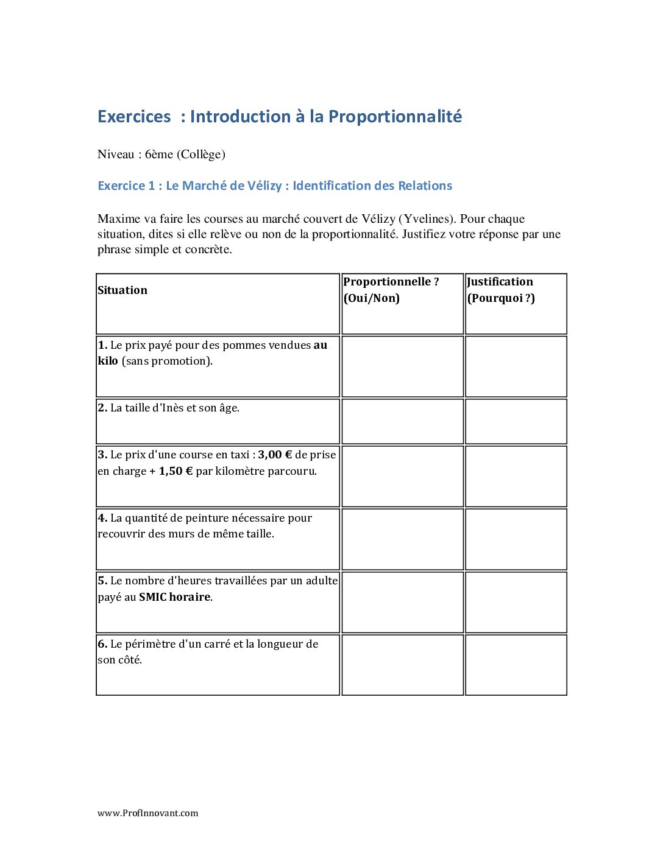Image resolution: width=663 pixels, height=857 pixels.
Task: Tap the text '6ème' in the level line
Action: [x=159, y=154]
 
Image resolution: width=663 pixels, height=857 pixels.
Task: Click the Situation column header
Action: [x=122, y=290]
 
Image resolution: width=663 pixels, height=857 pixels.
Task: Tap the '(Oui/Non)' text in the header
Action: [x=372, y=298]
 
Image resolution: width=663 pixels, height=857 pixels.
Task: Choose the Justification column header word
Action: [x=500, y=282]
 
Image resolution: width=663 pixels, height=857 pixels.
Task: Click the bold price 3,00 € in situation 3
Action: [x=275, y=455]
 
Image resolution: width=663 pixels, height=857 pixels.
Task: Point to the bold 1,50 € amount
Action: [x=175, y=471]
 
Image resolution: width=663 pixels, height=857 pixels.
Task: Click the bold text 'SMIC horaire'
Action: [x=174, y=597]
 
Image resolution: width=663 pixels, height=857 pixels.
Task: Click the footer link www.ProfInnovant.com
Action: [x=147, y=813]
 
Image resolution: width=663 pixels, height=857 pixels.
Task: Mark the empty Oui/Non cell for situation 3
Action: [x=402, y=476]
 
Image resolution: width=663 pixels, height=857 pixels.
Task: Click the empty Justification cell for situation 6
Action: [x=516, y=665]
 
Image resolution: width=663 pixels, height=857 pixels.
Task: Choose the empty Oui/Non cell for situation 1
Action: [x=402, y=366]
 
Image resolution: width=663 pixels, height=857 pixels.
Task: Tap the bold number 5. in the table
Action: [x=102, y=581]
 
